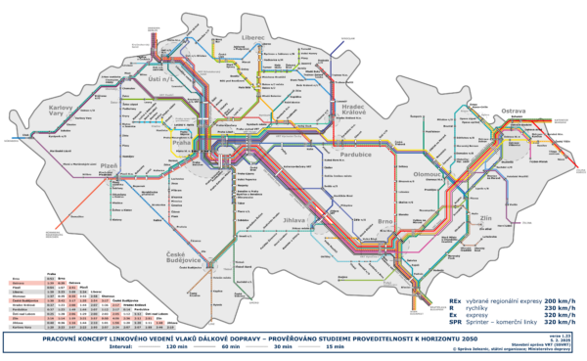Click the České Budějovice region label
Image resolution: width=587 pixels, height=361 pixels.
[174, 259]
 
